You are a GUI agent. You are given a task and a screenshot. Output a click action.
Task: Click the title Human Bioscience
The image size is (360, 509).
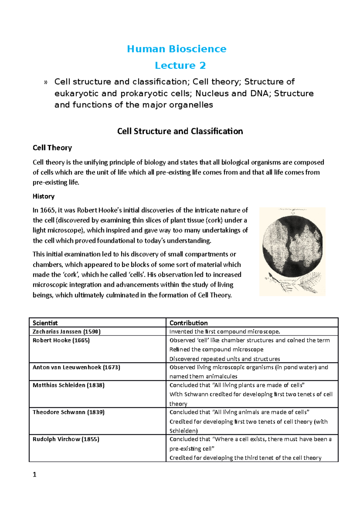(176, 49)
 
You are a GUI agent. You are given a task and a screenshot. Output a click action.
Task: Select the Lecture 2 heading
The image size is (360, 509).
(180, 65)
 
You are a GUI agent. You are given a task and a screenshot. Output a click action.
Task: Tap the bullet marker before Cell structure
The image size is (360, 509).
(46, 82)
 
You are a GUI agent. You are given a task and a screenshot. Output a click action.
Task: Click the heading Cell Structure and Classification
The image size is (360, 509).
(180, 131)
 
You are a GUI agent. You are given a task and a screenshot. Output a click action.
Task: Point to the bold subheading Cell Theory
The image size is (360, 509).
(52, 148)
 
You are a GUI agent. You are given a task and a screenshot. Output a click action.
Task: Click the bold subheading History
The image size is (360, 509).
(43, 196)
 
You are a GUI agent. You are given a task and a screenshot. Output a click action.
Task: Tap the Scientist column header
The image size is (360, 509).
(45, 323)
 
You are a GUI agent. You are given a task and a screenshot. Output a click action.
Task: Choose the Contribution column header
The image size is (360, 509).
(188, 323)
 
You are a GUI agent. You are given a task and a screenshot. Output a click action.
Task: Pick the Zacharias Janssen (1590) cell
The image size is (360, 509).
(67, 332)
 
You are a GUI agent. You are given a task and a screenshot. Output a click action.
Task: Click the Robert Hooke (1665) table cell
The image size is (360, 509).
(61, 341)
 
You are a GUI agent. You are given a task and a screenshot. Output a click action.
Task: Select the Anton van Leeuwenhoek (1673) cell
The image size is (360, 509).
(76, 368)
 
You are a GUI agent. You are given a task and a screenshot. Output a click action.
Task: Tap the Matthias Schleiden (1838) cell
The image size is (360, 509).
(68, 385)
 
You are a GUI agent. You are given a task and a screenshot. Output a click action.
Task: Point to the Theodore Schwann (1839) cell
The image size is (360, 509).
(68, 412)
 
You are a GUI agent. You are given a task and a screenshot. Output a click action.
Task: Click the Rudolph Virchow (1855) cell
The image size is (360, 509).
(66, 439)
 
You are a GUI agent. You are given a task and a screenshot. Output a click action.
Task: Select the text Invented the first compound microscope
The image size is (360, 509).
(225, 332)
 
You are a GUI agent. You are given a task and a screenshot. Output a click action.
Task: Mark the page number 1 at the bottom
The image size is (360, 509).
(34, 475)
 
